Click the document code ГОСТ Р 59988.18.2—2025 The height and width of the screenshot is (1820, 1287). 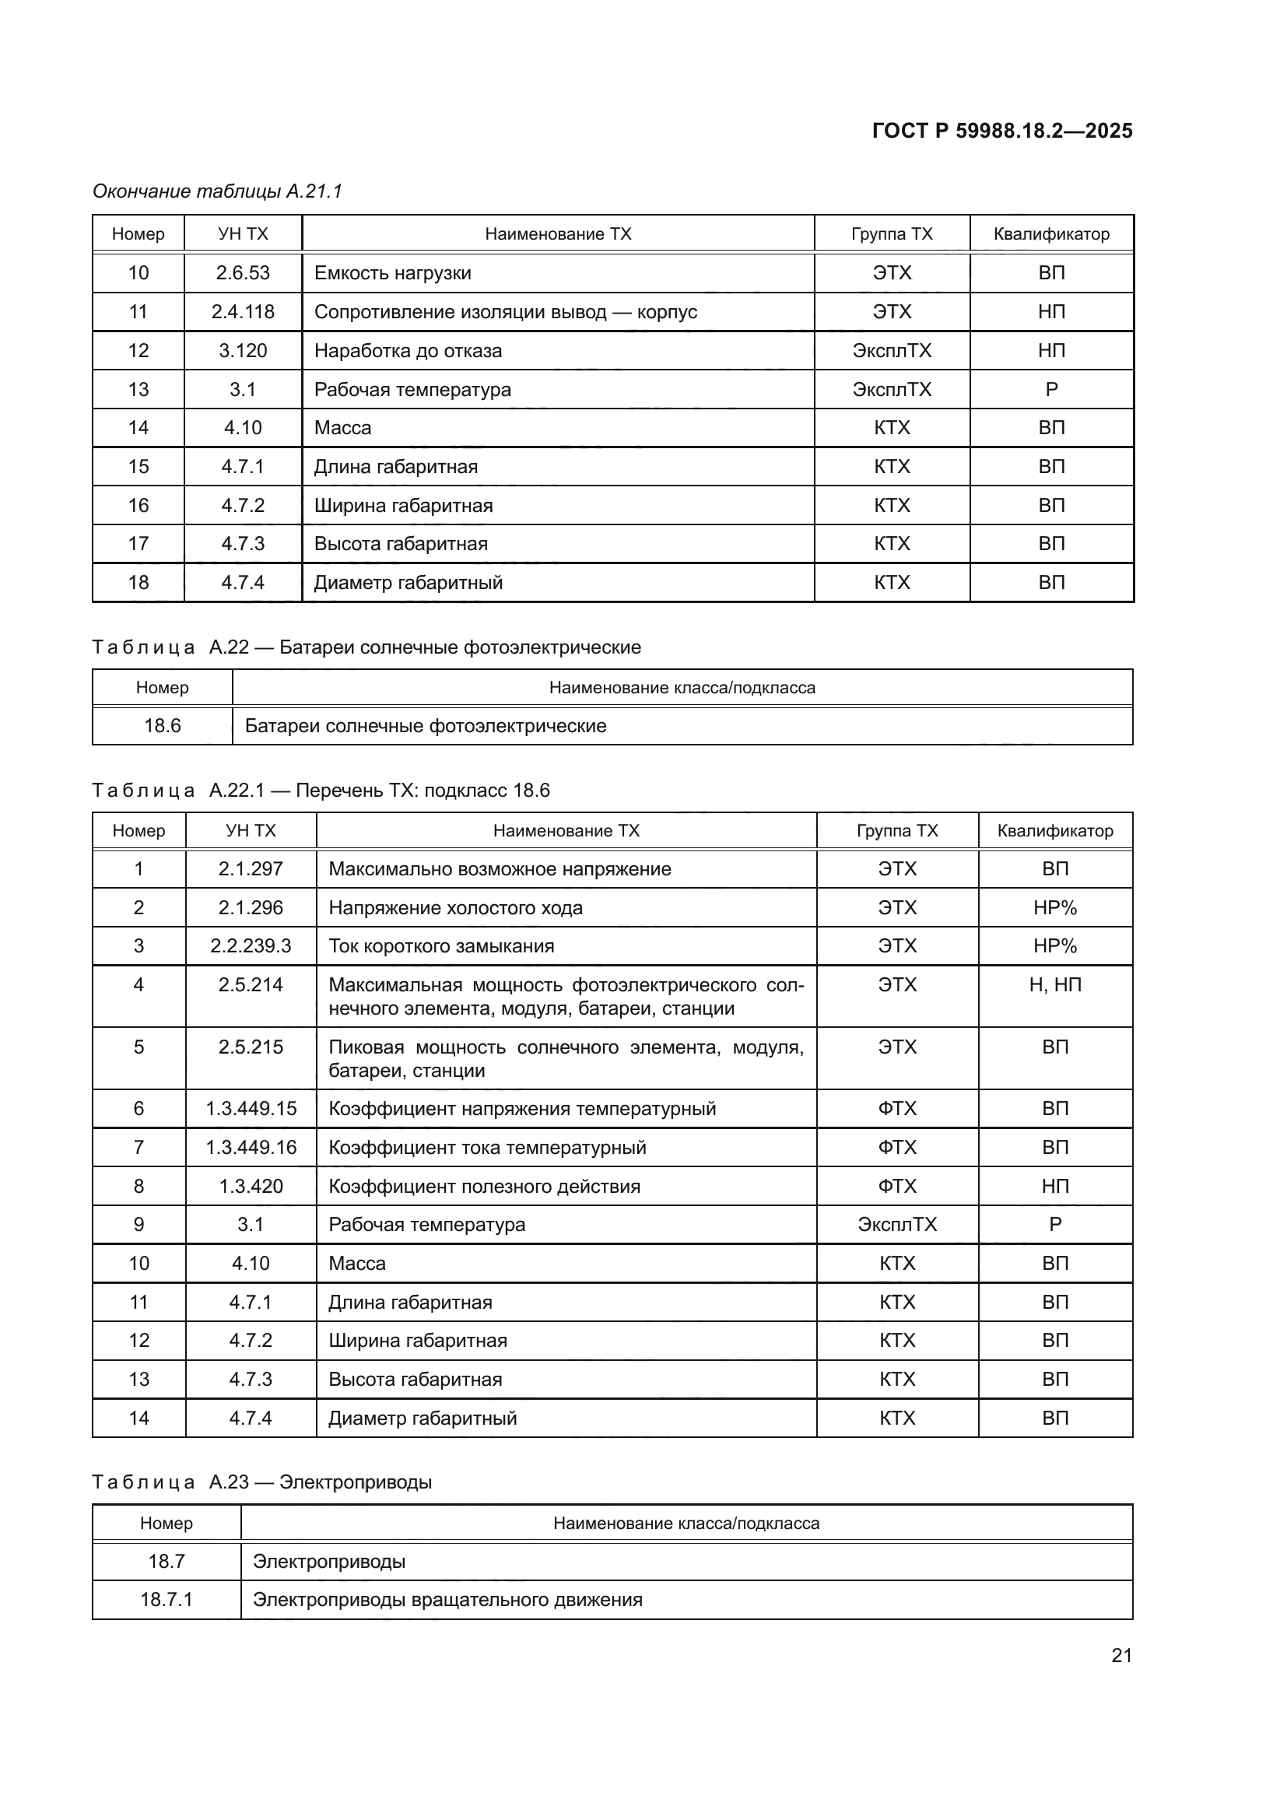(x=1001, y=131)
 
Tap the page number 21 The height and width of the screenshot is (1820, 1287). (x=1121, y=1655)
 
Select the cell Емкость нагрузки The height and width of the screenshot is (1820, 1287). (x=393, y=272)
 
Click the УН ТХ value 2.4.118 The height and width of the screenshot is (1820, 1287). (x=243, y=311)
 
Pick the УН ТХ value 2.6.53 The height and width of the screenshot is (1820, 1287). (x=243, y=272)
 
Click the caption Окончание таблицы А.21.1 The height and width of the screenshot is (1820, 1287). (x=217, y=191)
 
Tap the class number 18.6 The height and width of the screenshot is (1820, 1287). (x=163, y=725)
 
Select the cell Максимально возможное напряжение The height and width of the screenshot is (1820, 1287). (x=500, y=869)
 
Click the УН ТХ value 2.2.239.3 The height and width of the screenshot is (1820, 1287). (x=251, y=945)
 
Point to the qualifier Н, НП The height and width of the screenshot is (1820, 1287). (x=1055, y=984)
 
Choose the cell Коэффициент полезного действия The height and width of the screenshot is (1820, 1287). (x=484, y=1186)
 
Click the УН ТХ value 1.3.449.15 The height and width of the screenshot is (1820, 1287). (x=251, y=1108)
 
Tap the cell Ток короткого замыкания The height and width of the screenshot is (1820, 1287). (x=441, y=945)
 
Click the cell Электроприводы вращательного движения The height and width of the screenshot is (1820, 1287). (x=447, y=1599)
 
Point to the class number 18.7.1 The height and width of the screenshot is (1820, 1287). (x=167, y=1599)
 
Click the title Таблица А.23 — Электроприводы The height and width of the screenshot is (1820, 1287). (x=261, y=1482)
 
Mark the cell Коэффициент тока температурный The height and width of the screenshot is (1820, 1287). (x=486, y=1147)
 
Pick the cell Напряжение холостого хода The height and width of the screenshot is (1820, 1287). (x=455, y=907)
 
